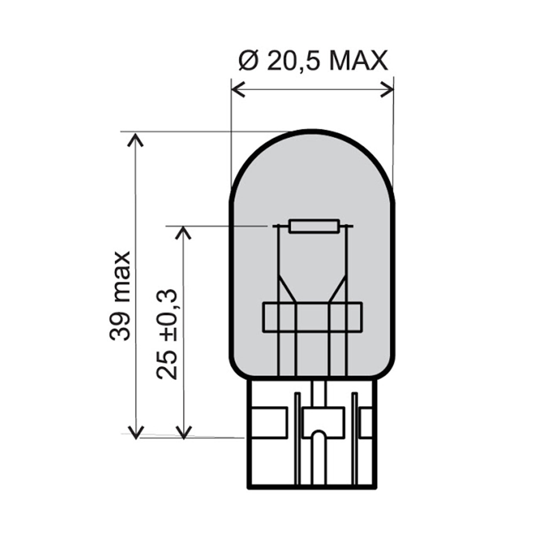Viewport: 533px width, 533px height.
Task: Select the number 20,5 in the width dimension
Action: [x=292, y=62]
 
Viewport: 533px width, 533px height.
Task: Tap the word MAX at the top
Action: [x=358, y=62]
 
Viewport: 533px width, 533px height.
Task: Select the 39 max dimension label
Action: [x=120, y=295]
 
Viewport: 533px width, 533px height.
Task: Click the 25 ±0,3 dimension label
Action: [x=167, y=335]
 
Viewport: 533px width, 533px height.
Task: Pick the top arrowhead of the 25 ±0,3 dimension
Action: [x=183, y=232]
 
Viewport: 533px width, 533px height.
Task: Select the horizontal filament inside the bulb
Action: [x=313, y=226]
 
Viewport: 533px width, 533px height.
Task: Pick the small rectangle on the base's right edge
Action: [x=366, y=422]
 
